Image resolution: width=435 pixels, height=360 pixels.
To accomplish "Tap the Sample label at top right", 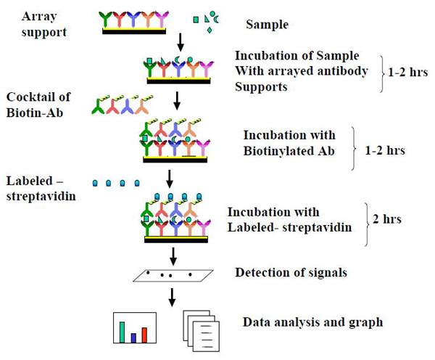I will (268, 25).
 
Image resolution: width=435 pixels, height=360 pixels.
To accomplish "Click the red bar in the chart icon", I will (144, 334).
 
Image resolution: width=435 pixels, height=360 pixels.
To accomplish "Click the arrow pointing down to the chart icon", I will (173, 297).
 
